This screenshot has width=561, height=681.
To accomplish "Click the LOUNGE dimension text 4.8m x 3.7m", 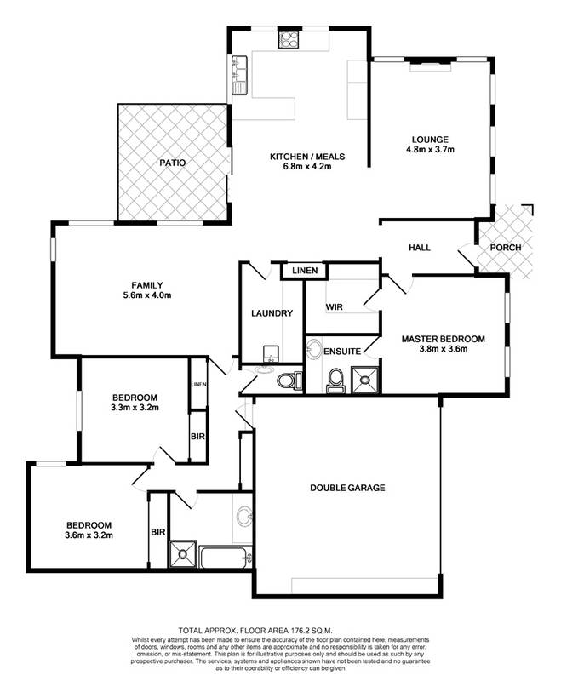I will tap(430, 150).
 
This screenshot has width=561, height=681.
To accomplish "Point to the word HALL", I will tap(420, 248).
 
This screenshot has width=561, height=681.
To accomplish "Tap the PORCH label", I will tap(505, 248).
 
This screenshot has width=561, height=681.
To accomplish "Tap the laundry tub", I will tap(270, 353).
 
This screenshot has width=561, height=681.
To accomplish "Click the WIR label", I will tap(334, 306).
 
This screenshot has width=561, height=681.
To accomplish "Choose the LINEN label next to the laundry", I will tap(304, 271).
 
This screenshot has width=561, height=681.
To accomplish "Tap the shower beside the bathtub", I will tap(182, 554).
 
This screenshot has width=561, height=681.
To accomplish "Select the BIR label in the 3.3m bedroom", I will tap(197, 438).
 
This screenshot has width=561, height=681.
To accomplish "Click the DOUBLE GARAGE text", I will tap(347, 489).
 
